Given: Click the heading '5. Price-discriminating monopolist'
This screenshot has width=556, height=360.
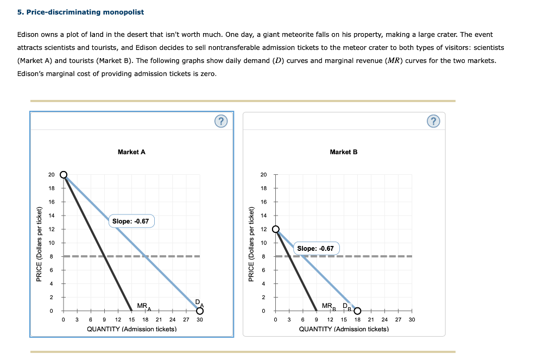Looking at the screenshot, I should point(80,12).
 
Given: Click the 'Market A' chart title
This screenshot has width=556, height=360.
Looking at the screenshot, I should point(131,152).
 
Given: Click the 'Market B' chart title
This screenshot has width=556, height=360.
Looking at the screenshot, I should point(343,152).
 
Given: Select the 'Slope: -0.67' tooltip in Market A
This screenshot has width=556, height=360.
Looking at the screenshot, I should point(130,221).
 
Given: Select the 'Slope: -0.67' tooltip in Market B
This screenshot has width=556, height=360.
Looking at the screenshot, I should point(315,248).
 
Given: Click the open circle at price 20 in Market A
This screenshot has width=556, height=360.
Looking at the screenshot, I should point(64,174).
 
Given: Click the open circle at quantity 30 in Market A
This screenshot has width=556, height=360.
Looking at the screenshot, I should point(200,311).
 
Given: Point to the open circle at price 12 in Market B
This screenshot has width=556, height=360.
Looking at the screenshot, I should point(275,229).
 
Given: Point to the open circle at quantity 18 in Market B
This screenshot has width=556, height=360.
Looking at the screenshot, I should point(357,311).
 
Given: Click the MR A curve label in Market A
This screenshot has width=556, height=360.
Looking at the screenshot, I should point(143,306).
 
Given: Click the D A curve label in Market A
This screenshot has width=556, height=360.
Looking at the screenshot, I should point(199,302).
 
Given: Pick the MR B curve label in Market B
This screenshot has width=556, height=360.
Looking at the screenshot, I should point(328,306).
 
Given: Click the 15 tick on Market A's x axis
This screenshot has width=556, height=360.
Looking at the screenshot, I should point(131,320).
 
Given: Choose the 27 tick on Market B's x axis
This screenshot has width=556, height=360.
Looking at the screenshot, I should point(398,320).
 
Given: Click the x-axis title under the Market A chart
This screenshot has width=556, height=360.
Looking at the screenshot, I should point(131,329).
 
